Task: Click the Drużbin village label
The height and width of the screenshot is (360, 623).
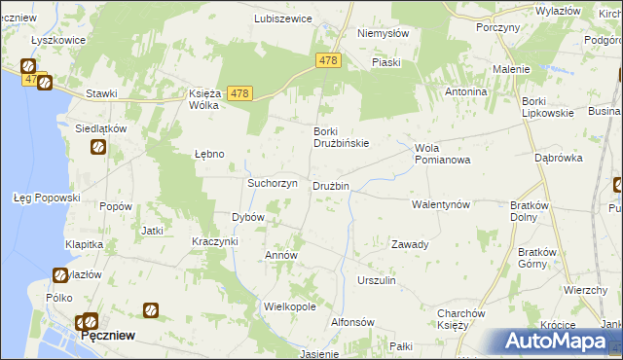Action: pyautogui.click(x=330, y=186)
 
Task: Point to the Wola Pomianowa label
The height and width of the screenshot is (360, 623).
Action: pyautogui.click(x=442, y=154)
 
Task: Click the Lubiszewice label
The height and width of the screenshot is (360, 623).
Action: pyautogui.click(x=282, y=18)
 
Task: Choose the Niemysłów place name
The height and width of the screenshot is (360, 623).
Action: pyautogui.click(x=383, y=32)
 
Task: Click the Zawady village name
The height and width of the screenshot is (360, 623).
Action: pyautogui.click(x=410, y=244)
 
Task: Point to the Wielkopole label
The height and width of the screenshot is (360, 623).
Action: pyautogui.click(x=290, y=306)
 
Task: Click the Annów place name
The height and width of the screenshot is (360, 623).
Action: pyautogui.click(x=281, y=255)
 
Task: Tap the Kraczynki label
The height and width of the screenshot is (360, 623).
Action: pyautogui.click(x=215, y=240)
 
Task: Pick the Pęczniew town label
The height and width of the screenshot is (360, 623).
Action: pyautogui.click(x=108, y=335)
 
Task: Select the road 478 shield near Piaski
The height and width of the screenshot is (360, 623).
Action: pyautogui.click(x=328, y=60)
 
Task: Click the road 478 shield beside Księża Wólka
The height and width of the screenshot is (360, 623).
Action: pyautogui.click(x=240, y=93)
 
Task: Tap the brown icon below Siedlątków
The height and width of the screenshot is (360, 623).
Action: pyautogui.click(x=99, y=147)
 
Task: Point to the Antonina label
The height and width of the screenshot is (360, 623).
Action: pyautogui.click(x=465, y=91)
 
